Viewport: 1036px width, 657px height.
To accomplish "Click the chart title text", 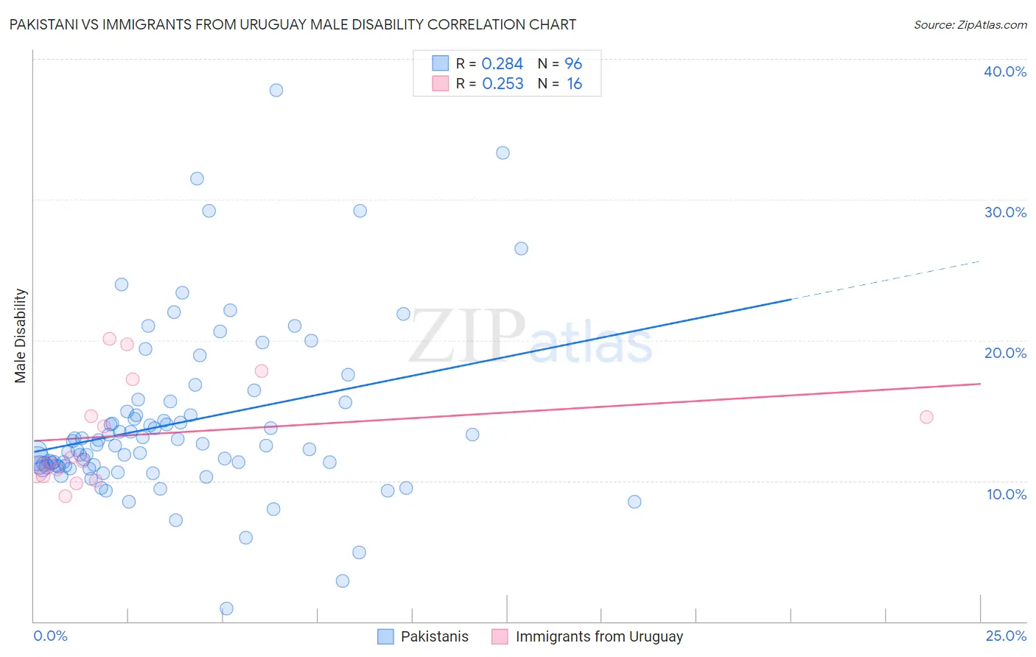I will [x=293, y=25].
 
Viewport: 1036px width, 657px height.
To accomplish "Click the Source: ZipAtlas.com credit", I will [x=970, y=25].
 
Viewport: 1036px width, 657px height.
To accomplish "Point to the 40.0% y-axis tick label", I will [x=1005, y=71].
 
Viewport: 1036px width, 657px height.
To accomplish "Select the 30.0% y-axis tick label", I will [x=1005, y=212].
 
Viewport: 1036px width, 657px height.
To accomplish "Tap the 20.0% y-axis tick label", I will [x=1005, y=353].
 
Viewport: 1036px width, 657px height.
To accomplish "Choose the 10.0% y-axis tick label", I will [x=1007, y=494].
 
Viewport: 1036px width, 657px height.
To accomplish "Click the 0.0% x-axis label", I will [x=50, y=636].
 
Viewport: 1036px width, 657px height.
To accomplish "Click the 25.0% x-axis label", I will [x=1006, y=636].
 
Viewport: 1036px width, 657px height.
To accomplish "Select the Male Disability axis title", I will [x=20, y=335].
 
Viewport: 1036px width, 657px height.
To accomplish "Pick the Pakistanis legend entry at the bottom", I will [x=434, y=636].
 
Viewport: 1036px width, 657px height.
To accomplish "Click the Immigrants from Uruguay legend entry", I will [x=598, y=636].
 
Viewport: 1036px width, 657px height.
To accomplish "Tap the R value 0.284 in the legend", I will [x=502, y=64].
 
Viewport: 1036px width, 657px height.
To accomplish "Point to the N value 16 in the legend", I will [x=574, y=84].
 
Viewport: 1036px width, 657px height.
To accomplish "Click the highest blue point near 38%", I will [x=276, y=90].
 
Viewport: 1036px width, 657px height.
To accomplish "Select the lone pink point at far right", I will [x=926, y=417].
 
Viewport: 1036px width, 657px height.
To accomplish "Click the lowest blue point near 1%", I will [x=227, y=608].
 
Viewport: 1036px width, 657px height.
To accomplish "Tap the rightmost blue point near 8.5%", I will [x=634, y=502].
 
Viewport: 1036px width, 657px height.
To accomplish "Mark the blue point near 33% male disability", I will [x=503, y=153].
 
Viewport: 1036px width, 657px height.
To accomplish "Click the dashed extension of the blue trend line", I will [x=884, y=280].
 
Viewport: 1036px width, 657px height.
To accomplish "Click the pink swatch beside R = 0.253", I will [x=440, y=83].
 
